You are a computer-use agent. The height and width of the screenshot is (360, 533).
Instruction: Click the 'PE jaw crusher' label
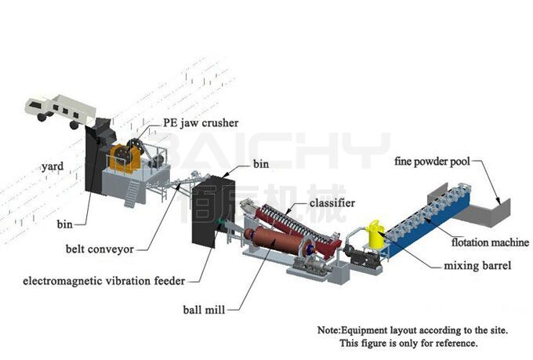201,123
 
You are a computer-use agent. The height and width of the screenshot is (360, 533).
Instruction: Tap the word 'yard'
53,167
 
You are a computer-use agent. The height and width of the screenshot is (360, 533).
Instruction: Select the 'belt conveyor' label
100,249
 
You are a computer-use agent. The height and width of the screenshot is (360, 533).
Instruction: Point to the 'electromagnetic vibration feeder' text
104,281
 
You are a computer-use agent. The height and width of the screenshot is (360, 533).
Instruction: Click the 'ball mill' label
204,310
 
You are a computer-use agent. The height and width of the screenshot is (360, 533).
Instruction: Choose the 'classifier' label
332,203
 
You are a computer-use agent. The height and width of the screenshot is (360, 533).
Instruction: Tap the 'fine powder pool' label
433,162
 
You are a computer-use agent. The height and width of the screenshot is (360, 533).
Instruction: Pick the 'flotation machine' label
490,242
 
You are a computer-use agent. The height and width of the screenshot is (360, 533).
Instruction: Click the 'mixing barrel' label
477,265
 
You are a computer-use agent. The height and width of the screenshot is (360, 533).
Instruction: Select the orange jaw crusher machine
125,158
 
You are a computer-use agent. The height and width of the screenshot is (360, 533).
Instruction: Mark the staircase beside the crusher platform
132,193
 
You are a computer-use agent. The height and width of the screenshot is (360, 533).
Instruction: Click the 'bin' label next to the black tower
261,164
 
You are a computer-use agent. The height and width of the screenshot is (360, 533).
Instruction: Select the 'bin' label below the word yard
64,224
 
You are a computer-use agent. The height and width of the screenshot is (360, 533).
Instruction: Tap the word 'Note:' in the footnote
329,330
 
